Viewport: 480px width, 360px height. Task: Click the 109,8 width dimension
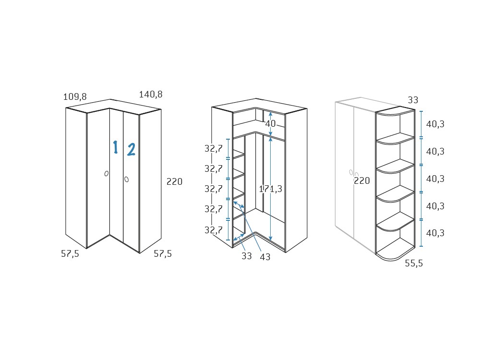pos(75,97)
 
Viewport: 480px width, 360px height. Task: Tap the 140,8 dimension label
pos(151,94)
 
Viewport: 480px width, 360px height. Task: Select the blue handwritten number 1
pos(115,147)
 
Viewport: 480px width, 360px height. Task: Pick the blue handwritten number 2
pos(132,150)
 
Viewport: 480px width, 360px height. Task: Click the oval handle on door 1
pos(106,174)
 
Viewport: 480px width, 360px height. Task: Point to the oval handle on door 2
pos(126,180)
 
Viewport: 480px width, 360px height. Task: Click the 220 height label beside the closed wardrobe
pos(175,181)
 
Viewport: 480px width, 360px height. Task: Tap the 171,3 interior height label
pos(271,189)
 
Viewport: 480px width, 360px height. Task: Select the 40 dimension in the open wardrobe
pos(270,124)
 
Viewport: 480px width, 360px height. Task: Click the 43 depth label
pos(265,257)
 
